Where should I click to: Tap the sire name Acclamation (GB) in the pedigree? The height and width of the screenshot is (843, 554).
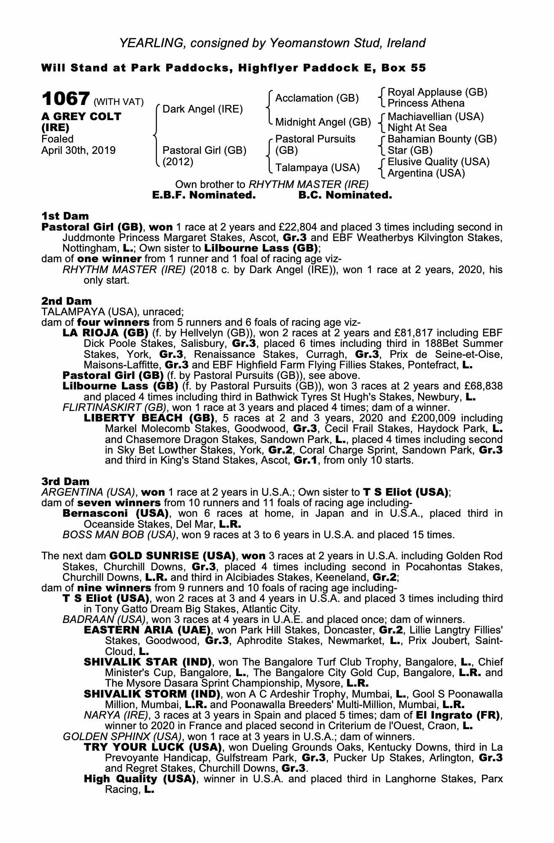[x=317, y=98]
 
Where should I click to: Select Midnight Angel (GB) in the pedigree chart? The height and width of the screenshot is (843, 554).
[x=323, y=122]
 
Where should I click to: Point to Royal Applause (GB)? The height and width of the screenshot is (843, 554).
[x=437, y=92]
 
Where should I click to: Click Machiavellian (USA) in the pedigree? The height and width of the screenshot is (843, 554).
[x=436, y=117]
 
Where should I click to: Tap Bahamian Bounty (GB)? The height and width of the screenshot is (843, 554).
[x=442, y=139]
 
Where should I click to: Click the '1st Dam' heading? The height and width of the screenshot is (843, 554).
[x=65, y=216]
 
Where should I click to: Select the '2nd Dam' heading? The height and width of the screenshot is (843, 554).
[x=66, y=301]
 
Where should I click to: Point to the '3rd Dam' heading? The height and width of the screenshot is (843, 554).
[x=65, y=481]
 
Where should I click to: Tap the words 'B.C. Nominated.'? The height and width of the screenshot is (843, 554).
[x=345, y=195]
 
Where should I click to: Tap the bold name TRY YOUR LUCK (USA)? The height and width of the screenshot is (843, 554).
[x=153, y=747]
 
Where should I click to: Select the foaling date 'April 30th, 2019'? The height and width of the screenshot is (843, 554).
[x=78, y=150]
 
